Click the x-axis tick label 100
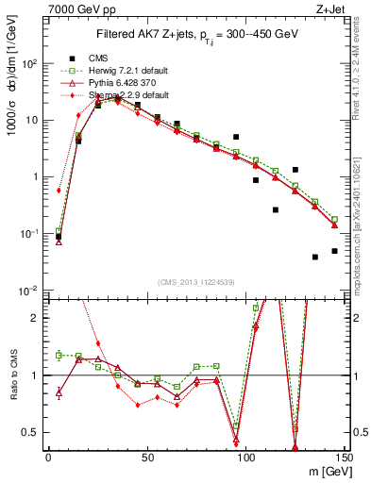[245, 456]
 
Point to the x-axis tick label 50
[147, 456]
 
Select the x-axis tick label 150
[344, 456]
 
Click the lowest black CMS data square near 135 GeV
[315, 257]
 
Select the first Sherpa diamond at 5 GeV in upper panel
[59, 191]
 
